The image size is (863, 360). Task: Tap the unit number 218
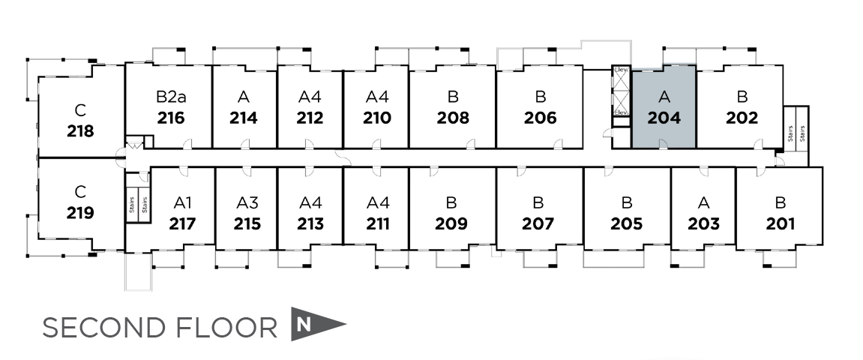point(80,131)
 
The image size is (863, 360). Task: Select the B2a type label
point(171,97)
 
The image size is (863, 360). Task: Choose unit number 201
point(781,223)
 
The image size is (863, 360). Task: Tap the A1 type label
point(183,202)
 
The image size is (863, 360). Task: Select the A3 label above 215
point(247,202)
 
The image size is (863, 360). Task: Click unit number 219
point(80,212)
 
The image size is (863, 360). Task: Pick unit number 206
point(540,118)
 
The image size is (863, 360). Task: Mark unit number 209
point(451,223)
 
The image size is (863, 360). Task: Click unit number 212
point(310,118)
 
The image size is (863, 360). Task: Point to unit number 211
point(378,223)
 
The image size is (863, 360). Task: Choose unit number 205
point(627,223)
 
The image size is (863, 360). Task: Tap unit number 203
point(703,223)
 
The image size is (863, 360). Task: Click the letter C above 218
point(80,110)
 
